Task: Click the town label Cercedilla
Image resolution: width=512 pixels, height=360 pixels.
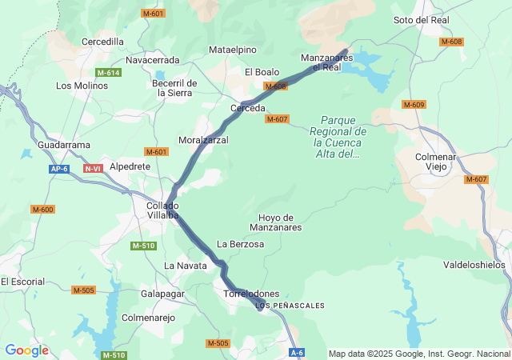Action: coord(102,42)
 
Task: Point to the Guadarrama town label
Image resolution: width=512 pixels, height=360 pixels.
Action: coord(64,145)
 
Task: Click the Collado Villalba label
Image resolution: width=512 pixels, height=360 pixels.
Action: coord(162,210)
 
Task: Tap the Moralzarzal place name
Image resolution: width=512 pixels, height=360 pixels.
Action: coord(203,140)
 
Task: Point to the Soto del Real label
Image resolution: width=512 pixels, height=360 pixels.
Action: coord(422,20)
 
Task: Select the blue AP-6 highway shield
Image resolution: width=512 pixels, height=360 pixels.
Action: coord(58,169)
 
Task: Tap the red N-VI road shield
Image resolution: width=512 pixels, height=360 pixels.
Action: coord(93,169)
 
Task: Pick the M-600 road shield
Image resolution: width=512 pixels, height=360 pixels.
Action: coord(42,209)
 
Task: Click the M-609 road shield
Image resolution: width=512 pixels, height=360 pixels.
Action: coord(414,105)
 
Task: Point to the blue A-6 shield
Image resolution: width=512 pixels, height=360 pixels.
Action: coord(297,352)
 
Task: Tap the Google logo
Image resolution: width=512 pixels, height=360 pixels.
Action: coord(26,350)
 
